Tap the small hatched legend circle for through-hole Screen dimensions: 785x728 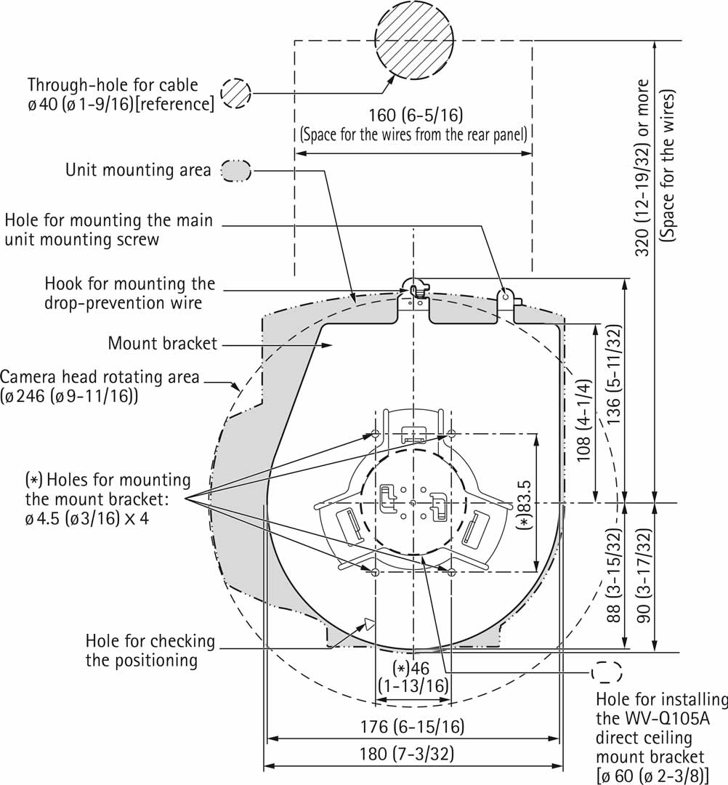(236, 94)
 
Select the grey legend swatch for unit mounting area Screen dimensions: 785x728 (236, 170)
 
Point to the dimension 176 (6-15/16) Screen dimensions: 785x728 (412, 727)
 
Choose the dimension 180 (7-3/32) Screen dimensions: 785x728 (412, 753)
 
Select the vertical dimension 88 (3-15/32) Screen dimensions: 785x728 (614, 574)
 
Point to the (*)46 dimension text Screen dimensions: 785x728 (411, 668)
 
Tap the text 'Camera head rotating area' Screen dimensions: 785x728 (100, 377)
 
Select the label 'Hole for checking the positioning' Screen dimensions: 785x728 (150, 651)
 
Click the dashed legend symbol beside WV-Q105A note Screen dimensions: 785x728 (607, 672)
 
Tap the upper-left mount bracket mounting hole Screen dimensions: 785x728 (375, 434)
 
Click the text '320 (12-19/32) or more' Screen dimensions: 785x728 (642, 167)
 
